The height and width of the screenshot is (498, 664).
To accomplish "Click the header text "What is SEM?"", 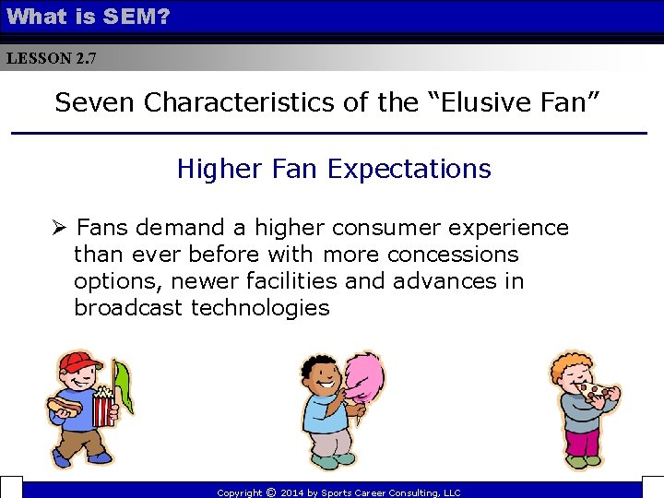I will (88, 16).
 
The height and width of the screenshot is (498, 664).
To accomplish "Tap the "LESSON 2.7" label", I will (50, 58).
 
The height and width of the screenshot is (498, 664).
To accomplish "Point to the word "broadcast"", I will (129, 307).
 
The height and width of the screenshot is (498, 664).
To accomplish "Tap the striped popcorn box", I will (104, 404).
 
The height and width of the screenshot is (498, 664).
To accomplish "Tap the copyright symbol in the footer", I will (270, 492).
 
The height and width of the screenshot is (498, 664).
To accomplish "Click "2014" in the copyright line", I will (292, 493).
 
